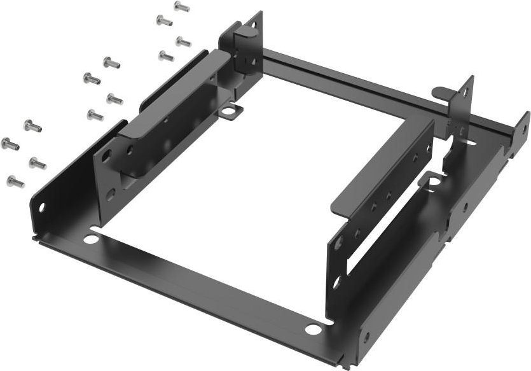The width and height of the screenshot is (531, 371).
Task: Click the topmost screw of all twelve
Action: click(x=181, y=7)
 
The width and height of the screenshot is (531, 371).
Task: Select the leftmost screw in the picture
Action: click(x=10, y=144)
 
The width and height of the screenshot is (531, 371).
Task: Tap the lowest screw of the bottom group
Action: click(x=15, y=183)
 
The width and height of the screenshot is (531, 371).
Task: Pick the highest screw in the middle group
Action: click(x=111, y=62)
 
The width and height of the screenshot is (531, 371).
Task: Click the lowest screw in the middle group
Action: click(x=95, y=115)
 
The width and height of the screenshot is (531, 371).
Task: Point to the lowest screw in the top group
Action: click(x=165, y=56)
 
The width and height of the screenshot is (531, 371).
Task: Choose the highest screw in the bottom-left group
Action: click(x=32, y=126)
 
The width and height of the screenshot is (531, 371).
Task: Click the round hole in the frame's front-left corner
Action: click(x=92, y=239)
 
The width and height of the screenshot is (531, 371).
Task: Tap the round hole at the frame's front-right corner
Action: click(x=313, y=329)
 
